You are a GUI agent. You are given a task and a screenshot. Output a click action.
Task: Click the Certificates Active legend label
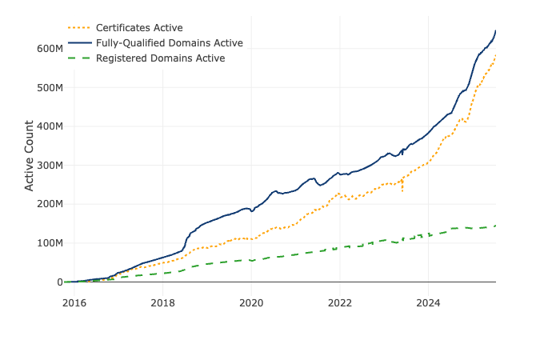(139, 28)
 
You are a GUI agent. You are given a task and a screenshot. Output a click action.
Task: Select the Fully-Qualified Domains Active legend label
(169, 43)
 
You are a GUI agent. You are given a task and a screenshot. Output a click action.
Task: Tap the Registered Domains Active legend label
(160, 58)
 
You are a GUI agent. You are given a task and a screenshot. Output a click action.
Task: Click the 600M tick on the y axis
(50, 49)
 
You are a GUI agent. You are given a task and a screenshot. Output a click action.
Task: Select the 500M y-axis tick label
(50, 87)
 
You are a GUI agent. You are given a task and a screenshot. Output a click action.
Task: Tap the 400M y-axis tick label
(50, 126)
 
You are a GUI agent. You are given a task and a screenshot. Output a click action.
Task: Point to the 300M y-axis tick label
(50, 166)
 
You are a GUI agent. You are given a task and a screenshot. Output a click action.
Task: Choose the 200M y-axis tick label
(50, 204)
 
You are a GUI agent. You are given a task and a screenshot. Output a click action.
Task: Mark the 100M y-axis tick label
(50, 243)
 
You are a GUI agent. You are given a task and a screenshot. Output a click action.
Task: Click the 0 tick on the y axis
(58, 282)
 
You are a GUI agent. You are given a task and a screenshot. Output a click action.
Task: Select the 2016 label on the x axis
(74, 303)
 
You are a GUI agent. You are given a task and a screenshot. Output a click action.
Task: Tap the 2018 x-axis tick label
(162, 303)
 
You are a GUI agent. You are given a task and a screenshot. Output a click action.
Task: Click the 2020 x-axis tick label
(251, 303)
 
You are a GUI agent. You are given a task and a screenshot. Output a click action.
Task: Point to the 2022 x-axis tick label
(340, 303)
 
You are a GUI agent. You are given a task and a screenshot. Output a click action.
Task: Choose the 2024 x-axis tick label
(428, 303)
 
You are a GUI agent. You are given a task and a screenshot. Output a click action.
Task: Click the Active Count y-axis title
(30, 155)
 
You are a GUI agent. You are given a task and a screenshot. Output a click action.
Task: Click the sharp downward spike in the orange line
(402, 190)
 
